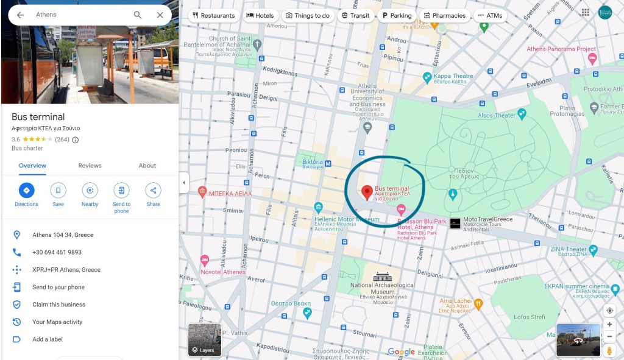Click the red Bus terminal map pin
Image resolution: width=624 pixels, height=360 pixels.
click(367, 192)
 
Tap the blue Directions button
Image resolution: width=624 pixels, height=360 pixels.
click(26, 191)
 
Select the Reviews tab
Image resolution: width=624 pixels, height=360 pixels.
click(90, 166)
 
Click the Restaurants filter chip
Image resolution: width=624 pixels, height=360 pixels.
click(213, 16)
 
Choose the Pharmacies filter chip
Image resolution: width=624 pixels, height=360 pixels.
click(444, 16)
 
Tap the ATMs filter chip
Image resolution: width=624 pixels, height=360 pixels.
click(490, 16)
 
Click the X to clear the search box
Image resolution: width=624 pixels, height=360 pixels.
click(160, 15)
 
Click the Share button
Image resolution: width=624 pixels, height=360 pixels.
click(153, 191)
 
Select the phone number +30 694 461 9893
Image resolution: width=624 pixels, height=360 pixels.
click(57, 252)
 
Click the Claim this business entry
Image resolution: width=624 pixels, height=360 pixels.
click(58, 305)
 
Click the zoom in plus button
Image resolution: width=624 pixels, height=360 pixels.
click(609, 325)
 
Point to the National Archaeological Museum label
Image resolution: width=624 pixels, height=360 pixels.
click(383, 285)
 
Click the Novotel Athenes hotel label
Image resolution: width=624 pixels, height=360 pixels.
click(224, 272)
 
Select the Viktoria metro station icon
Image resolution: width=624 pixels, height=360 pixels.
click(328, 163)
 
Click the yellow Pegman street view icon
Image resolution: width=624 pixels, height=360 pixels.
click(609, 351)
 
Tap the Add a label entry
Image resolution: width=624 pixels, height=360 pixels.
click(48, 339)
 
